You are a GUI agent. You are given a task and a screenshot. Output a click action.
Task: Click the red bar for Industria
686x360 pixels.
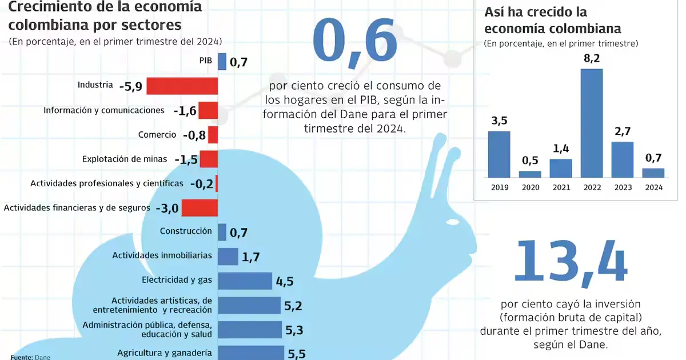(x=182, y=86)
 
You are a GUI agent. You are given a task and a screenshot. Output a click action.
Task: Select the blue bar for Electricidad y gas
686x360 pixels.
(x=245, y=281)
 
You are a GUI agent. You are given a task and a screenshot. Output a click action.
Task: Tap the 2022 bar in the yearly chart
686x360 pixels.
(x=592, y=122)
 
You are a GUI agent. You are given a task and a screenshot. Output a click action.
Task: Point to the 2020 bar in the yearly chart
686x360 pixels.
(x=529, y=174)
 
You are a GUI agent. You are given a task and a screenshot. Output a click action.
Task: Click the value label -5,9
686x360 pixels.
(x=131, y=86)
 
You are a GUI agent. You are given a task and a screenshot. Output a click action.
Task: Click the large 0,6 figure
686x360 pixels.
(x=354, y=41)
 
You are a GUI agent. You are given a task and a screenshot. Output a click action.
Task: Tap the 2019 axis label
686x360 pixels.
(x=499, y=187)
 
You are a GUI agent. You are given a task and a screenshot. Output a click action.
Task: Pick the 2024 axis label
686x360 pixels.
(x=653, y=187)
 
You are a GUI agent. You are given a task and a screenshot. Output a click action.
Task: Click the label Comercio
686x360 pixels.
(x=157, y=135)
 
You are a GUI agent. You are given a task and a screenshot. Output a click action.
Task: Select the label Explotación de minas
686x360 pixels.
(x=125, y=159)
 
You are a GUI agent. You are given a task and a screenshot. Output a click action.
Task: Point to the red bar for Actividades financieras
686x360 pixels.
(x=200, y=207)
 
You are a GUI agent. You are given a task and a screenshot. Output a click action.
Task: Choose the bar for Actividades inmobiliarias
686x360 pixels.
(x=228, y=257)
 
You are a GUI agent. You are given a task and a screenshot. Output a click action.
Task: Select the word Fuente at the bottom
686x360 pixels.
(x=21, y=357)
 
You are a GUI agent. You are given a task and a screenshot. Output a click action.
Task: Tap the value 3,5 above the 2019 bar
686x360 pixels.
(x=499, y=121)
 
